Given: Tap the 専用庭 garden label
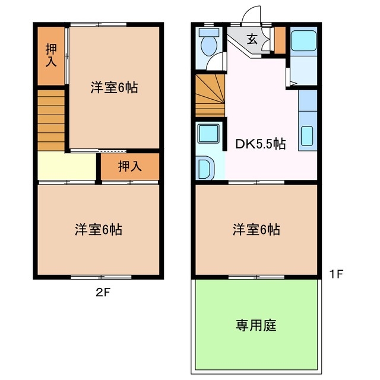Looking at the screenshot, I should click(x=256, y=325).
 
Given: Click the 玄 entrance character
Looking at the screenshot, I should click(x=252, y=40).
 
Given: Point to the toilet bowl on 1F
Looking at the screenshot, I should click(x=208, y=45).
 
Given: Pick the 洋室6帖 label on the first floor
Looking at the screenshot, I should click(x=256, y=229).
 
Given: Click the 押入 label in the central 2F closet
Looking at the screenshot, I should click(x=129, y=166).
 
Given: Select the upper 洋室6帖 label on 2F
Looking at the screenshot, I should click(x=114, y=88).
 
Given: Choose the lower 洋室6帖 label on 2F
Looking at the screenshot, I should click(x=99, y=229).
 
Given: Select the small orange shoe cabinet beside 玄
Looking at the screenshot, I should click(x=280, y=40).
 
